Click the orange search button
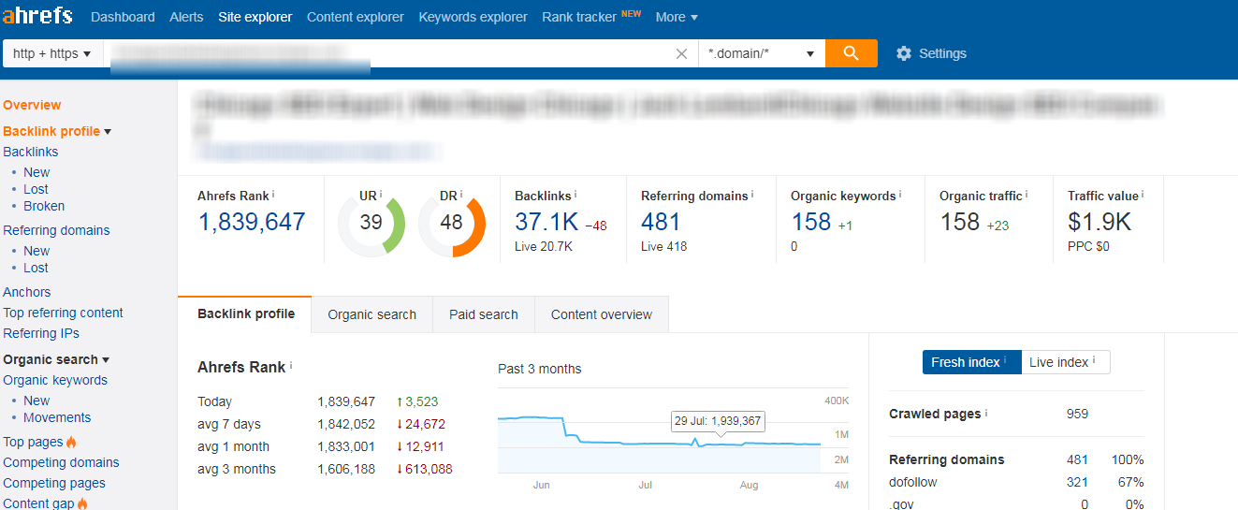(851, 53)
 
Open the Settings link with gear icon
(930, 53)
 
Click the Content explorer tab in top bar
(355, 17)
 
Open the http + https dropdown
(52, 53)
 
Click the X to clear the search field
(681, 53)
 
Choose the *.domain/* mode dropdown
(761, 53)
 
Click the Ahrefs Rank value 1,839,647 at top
(252, 222)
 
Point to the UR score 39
(371, 223)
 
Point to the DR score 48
(451, 223)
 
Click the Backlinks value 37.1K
(546, 222)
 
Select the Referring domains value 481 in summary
(661, 222)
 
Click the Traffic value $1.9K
(1099, 222)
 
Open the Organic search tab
(371, 314)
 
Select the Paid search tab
(483, 314)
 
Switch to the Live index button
(1065, 362)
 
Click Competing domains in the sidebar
(61, 462)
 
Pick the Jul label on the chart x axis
(645, 486)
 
